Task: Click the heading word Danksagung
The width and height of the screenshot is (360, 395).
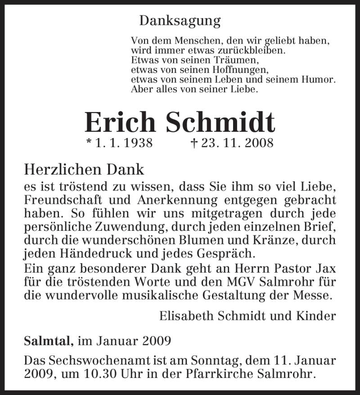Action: pyautogui.click(x=180, y=21)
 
